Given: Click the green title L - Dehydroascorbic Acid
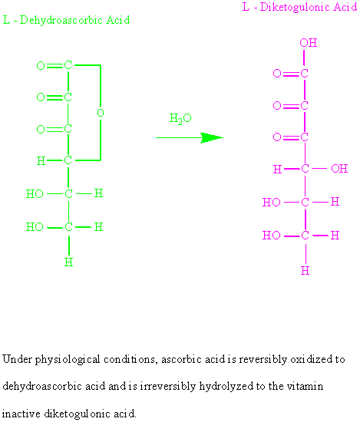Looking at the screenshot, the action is coord(66,20).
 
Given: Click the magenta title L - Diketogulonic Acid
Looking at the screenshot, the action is coord(299,7).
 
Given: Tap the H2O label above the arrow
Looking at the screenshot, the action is coord(180,118).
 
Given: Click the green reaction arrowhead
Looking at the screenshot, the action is coord(212,138).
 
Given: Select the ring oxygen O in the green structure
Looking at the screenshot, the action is coord(101,113).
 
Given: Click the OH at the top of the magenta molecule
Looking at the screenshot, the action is coord(309,43).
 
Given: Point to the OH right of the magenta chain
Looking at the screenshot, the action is coord(339,169).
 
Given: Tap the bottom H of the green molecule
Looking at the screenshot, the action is coord(68,262).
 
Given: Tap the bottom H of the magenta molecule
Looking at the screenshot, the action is coord(305,271).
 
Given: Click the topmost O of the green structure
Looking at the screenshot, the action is coord(41,66).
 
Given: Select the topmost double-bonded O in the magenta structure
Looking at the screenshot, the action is coord(277,73).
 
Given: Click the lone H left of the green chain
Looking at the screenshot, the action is coord(41,161).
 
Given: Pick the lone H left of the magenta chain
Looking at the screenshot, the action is coord(277,170).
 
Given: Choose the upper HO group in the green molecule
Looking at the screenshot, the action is coord(35,194).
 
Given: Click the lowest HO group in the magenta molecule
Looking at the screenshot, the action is coord(272,236).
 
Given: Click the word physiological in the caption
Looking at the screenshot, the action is coord(68,360).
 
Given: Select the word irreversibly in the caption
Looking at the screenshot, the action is coord(167,387).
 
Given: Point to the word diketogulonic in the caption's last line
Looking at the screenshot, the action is coord(77,414).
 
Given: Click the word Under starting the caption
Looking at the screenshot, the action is coord(17,359).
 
